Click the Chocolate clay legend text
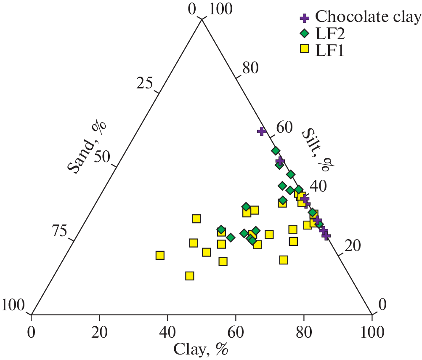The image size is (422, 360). click(x=368, y=17)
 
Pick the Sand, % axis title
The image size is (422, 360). click(x=87, y=146)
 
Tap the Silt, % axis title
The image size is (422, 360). click(x=315, y=149)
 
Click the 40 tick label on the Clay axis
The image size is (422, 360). click(x=167, y=333)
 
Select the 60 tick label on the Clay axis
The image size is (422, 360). click(x=236, y=333)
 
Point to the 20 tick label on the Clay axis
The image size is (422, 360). click(x=99, y=333)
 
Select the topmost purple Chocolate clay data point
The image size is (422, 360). click(x=262, y=131)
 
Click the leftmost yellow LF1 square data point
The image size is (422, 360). click(x=160, y=255)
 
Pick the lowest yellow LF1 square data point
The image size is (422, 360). click(x=189, y=276)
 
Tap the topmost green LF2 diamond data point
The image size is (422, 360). click(x=276, y=151)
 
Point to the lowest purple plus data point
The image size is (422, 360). click(x=326, y=235)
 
